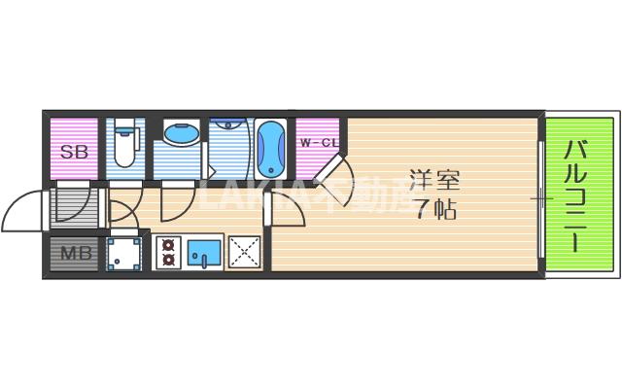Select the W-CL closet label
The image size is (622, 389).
click(318, 144)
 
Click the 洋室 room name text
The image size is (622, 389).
click(433, 180)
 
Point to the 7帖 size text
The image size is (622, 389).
click(433, 208)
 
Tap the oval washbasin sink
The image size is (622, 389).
click(178, 136)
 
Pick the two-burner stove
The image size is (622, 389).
click(167, 252)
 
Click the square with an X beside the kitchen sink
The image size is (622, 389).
click(243, 252)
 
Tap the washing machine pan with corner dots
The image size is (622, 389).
click(124, 253)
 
